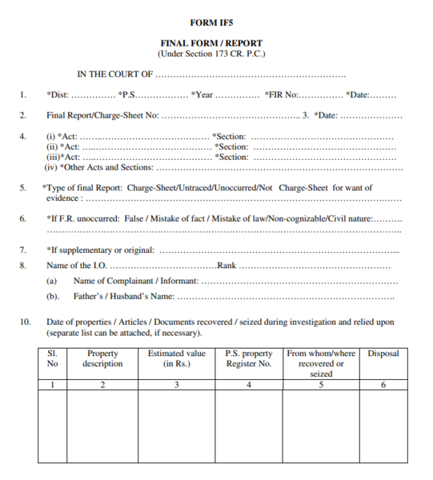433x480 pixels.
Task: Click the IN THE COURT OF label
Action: (x=114, y=74)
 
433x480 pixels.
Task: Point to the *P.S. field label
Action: (x=131, y=95)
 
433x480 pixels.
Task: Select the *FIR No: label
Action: (x=281, y=95)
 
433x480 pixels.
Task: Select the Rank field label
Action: (x=227, y=265)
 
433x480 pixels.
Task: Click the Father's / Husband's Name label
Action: (x=123, y=297)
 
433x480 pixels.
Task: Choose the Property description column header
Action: (x=102, y=358)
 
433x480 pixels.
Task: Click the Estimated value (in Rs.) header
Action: (x=177, y=358)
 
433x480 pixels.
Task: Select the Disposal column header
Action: (x=383, y=353)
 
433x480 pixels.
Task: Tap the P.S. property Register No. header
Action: (x=249, y=358)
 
